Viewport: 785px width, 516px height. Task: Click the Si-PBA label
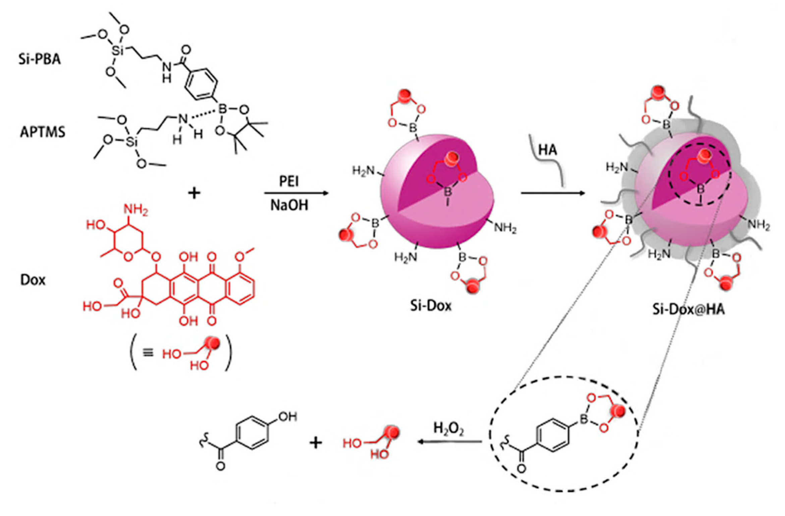[40, 59]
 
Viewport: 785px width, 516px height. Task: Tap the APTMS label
[43, 132]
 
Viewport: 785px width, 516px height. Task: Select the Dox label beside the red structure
[33, 280]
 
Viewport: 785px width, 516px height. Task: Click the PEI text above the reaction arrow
[289, 181]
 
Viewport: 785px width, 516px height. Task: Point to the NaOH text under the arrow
[289, 205]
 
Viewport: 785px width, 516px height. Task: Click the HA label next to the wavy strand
[548, 150]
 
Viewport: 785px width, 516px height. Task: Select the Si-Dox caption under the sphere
[431, 305]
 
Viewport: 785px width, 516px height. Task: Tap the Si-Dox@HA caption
[688, 309]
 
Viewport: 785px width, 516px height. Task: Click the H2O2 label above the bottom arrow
[448, 428]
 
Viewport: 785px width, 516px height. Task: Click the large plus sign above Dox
[194, 193]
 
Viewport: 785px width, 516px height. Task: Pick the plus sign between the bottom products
[315, 443]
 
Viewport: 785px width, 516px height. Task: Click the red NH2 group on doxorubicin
[135, 210]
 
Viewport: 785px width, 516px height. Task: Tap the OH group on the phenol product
[288, 417]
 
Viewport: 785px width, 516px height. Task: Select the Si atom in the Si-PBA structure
[118, 50]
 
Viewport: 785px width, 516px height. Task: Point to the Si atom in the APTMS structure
[132, 142]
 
